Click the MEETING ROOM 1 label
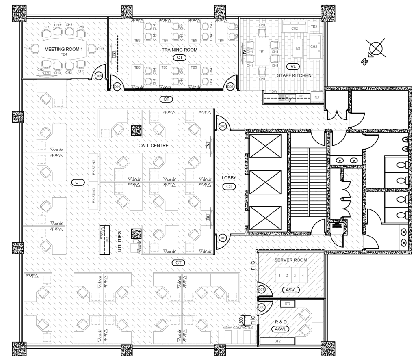(x=63, y=49)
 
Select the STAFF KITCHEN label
(x=294, y=75)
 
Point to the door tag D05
(x=98, y=75)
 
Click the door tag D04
(x=117, y=86)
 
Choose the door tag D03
(x=230, y=86)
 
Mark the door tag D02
(x=223, y=127)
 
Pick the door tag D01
(x=223, y=237)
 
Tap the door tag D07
(x=262, y=290)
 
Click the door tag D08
(x=262, y=307)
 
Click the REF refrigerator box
(x=316, y=97)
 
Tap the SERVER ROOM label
(x=290, y=260)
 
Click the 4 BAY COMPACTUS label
(x=238, y=327)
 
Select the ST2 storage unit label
(x=278, y=341)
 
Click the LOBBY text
(x=229, y=178)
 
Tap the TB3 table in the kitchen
(x=314, y=26)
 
